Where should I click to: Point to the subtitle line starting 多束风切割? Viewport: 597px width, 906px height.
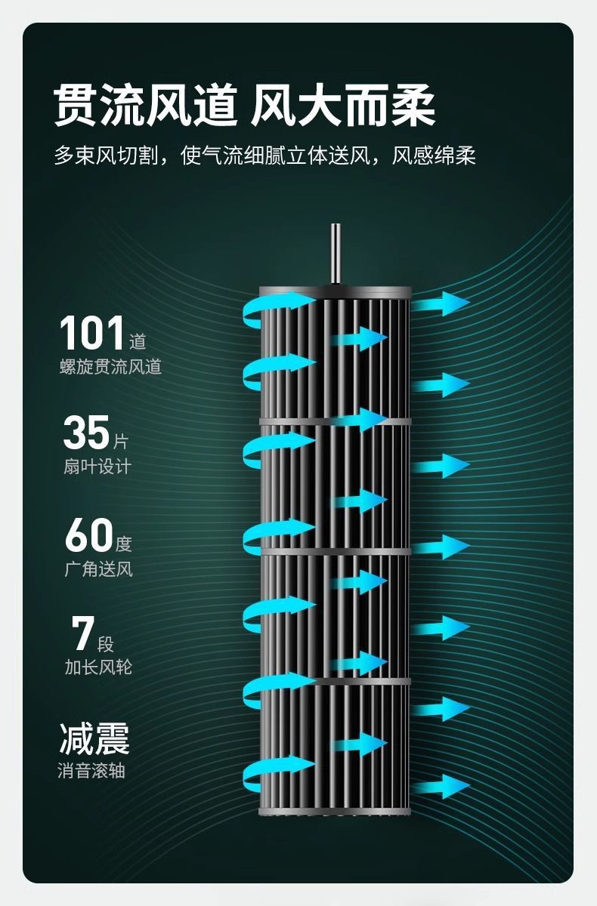tap(264, 156)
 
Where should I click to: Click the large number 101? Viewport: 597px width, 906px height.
tap(92, 333)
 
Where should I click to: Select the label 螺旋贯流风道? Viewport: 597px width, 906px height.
tap(110, 367)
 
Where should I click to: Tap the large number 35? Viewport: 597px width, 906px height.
tap(86, 433)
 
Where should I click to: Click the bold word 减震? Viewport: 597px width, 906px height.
tap(94, 738)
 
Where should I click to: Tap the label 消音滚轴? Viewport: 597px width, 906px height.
tap(91, 771)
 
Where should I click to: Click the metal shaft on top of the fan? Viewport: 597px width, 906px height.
tap(336, 253)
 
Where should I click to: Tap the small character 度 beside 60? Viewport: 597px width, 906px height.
tap(124, 544)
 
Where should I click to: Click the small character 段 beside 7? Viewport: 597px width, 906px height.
tap(106, 643)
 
